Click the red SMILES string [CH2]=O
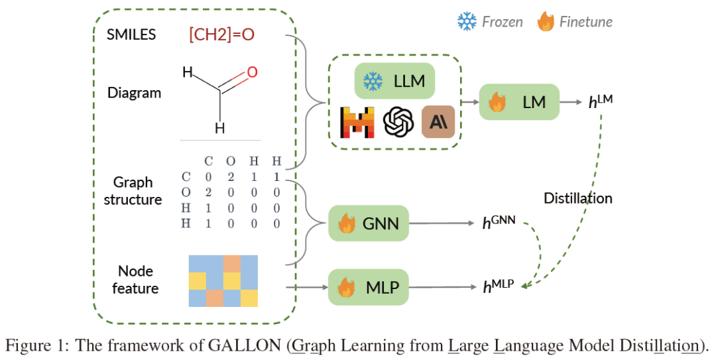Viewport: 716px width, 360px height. click(221, 34)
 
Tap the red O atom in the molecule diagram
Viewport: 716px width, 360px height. click(251, 72)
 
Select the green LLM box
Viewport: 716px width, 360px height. click(394, 82)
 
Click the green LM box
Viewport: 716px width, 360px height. click(519, 102)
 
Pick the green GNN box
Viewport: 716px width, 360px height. click(369, 223)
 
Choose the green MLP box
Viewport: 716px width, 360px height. click(369, 287)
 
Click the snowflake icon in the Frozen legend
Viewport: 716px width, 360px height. click(467, 22)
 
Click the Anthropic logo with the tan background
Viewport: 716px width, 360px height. click(438, 123)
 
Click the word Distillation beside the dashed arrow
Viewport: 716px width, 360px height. click(578, 198)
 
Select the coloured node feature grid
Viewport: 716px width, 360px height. click(223, 281)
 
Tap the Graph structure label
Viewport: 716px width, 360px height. click(133, 190)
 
